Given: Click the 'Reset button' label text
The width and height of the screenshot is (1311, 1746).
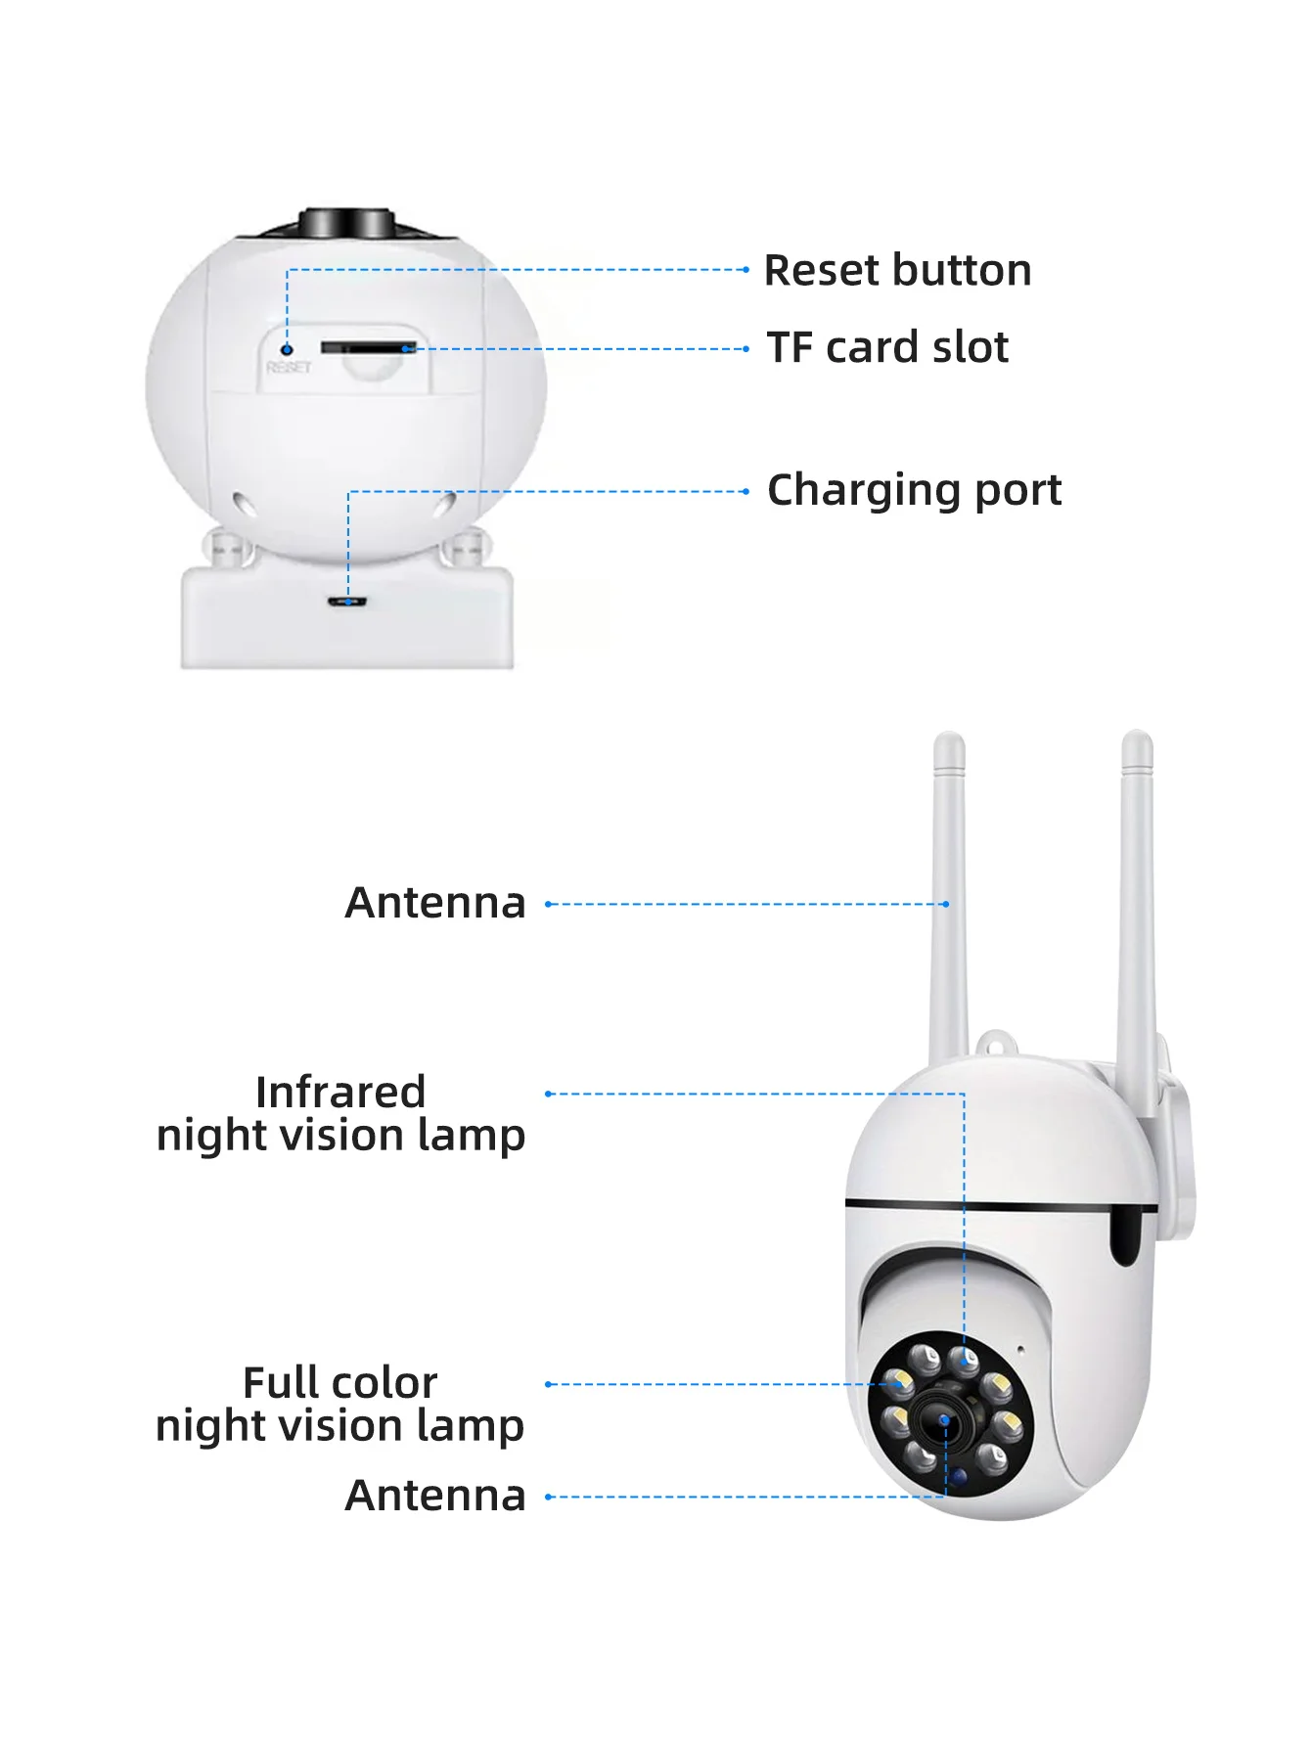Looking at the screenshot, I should [897, 271].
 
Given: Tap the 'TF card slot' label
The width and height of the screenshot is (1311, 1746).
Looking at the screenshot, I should [887, 348].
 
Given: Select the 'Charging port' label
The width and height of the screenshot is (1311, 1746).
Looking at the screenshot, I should [914, 490].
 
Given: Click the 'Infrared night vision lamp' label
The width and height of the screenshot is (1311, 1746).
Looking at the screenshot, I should [340, 1114].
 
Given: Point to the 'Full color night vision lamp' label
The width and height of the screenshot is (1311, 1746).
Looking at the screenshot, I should [339, 1405].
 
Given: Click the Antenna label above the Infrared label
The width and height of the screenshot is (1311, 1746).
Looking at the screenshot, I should [435, 903].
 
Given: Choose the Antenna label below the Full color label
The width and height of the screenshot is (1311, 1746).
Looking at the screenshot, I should [435, 1496].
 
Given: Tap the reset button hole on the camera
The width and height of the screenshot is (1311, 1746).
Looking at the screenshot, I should [287, 349].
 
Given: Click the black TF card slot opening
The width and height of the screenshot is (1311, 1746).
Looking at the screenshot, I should [368, 348].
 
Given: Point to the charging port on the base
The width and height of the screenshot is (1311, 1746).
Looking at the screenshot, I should [348, 602].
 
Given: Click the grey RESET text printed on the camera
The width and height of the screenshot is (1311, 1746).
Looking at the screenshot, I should [289, 368].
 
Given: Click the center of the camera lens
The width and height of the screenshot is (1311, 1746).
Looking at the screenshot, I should [945, 1420].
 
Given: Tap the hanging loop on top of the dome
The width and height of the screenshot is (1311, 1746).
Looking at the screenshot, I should [993, 1044].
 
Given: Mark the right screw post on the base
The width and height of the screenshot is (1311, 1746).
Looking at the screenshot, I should [467, 547].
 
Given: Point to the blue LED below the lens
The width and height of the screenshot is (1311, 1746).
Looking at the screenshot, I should [960, 1476].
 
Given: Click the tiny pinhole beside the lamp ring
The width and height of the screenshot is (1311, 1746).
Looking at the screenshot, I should [1020, 1350].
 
